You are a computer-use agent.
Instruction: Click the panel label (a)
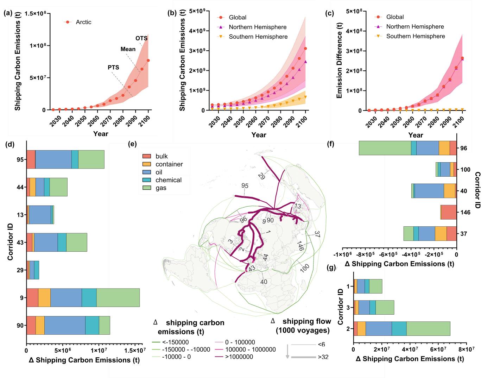coord(8,13)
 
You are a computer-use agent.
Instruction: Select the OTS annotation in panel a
coord(141,38)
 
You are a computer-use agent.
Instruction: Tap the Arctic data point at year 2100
coord(148,61)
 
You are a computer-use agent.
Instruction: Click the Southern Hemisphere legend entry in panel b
coord(258,37)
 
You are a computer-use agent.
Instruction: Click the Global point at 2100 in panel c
coord(462,58)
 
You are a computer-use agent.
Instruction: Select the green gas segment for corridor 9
coord(118,297)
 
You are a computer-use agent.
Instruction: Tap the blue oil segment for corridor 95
coord(53,159)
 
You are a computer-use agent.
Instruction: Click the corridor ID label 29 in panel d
coord(20,270)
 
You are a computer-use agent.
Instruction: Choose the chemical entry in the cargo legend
coord(169,180)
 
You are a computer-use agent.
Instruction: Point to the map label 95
coord(245,185)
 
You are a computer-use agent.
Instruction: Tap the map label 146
coord(300,244)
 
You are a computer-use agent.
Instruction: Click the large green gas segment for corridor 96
coord(385,148)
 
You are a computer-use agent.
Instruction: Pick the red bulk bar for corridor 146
coord(449,212)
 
